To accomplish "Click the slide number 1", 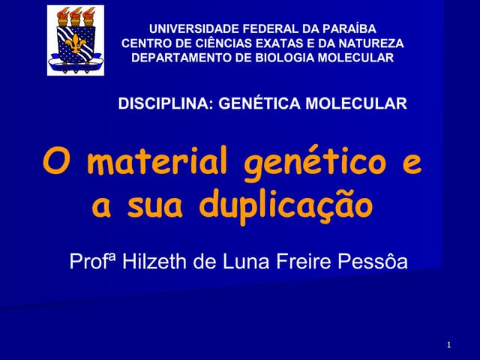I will click(448, 345).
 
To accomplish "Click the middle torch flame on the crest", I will click(76, 13).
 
